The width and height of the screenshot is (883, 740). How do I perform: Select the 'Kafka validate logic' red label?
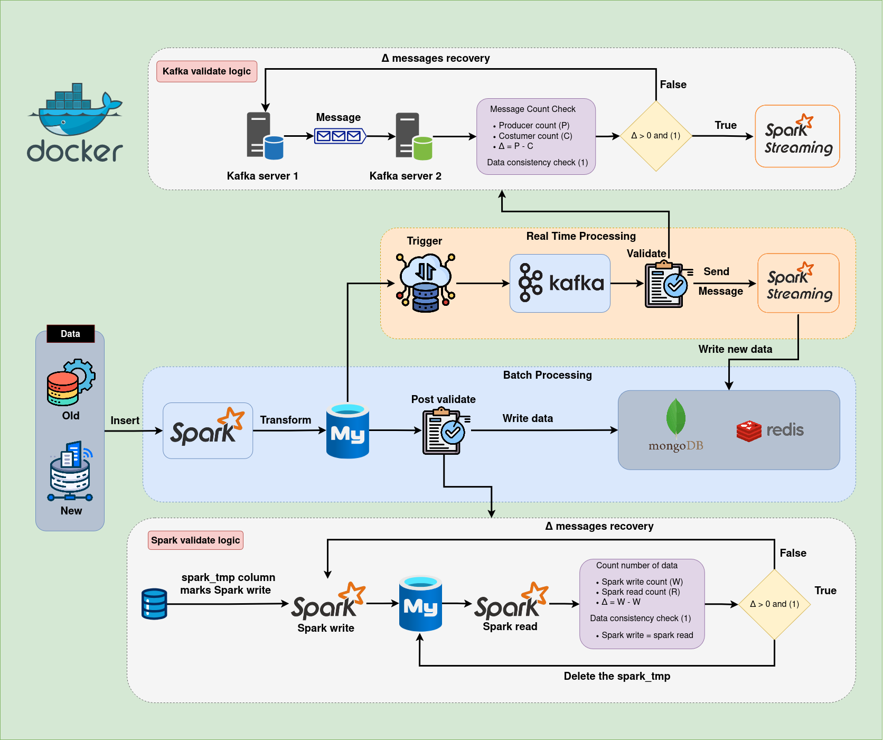coord(206,71)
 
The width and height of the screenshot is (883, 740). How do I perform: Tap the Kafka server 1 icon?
coord(265,136)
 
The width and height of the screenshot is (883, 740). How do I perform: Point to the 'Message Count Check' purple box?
coord(536,136)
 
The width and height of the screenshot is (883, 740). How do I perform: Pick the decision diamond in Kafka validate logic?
coord(656,136)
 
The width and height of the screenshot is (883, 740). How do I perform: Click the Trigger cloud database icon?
coord(426,283)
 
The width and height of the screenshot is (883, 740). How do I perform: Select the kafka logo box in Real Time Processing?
coord(560,283)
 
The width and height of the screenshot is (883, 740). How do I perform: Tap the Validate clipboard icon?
coord(665,285)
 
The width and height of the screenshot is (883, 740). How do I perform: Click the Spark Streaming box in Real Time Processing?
coord(799,283)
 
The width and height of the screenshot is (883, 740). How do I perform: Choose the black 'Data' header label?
coord(70,334)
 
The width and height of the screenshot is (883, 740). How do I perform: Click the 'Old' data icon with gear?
coord(71,382)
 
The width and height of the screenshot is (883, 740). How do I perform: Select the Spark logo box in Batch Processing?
coord(208,430)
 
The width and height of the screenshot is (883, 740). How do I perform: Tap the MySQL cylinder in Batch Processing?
coord(347,431)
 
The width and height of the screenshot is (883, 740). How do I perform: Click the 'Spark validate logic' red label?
coord(195,540)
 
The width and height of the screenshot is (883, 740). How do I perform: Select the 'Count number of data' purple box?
coord(642,604)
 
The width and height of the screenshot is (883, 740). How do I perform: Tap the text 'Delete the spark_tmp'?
coord(617,676)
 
